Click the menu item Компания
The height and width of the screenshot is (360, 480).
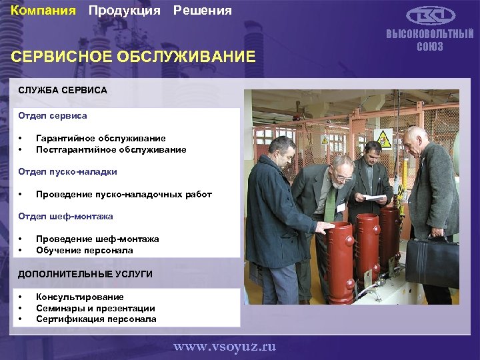click(43, 11)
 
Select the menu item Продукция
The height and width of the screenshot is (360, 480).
click(124, 11)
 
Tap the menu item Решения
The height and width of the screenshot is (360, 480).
click(203, 11)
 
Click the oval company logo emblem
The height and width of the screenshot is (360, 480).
click(431, 16)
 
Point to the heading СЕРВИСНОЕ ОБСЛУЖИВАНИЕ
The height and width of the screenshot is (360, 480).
click(133, 56)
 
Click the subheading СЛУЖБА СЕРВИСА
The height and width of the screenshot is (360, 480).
click(63, 89)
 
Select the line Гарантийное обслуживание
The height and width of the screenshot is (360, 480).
click(101, 138)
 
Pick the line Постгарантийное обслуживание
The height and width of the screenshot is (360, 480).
click(111, 149)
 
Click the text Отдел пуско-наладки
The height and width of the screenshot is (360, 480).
click(67, 171)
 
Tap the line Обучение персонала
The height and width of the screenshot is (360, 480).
click(85, 250)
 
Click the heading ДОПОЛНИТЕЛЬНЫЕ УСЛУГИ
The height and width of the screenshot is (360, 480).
click(85, 274)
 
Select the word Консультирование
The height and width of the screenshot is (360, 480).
click(80, 297)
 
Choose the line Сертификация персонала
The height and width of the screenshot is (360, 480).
click(96, 319)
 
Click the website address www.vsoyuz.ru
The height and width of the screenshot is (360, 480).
click(224, 347)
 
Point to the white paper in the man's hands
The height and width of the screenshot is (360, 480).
click(373, 197)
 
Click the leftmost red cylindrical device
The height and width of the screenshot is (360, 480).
click(340, 253)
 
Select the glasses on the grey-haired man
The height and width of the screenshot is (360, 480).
click(343, 176)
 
